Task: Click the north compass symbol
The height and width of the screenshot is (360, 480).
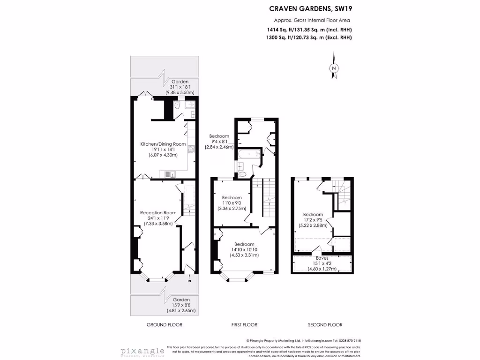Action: click(334, 68)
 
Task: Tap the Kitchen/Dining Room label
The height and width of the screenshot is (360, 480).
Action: click(164, 144)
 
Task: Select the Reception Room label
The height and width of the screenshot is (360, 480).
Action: click(158, 212)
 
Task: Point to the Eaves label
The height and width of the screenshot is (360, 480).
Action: click(322, 258)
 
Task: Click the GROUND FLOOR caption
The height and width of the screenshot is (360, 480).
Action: click(164, 324)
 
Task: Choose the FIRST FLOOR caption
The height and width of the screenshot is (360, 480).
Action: click(244, 324)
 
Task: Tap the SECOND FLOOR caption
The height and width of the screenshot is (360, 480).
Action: click(325, 324)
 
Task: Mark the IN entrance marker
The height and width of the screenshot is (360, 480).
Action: click(189, 281)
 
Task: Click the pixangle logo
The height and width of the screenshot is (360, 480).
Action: click(142, 351)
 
